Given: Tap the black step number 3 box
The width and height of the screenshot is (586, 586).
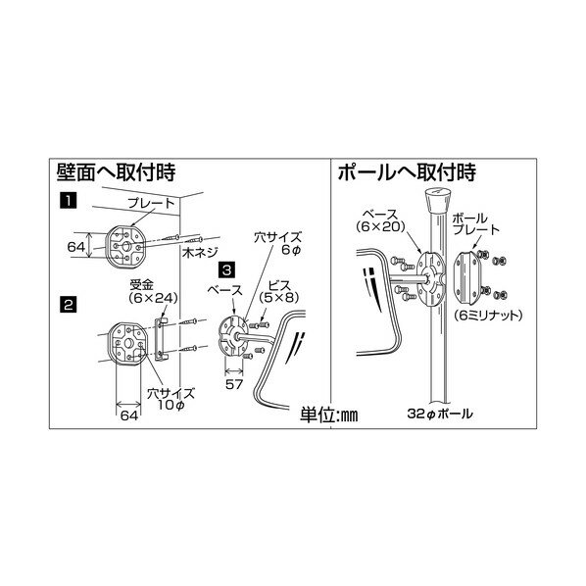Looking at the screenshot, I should pos(226,268).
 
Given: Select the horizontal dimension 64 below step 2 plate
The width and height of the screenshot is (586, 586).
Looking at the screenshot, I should pos(128,415).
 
